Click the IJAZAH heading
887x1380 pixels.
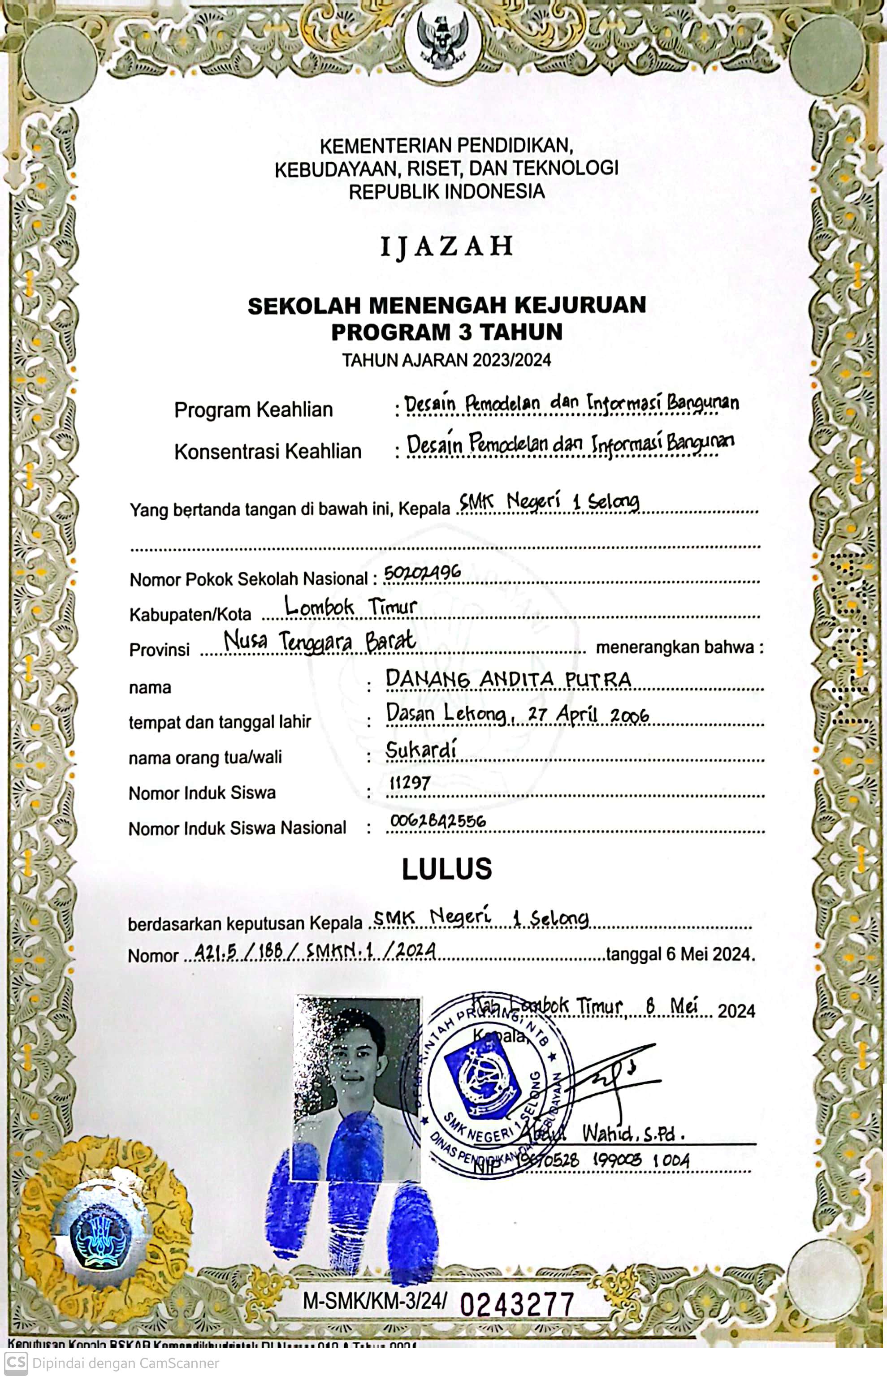(x=446, y=246)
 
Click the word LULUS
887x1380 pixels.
(x=446, y=869)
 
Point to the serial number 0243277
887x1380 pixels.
(x=517, y=1305)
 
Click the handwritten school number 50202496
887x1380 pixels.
(x=422, y=572)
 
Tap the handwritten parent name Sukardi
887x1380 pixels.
(x=420, y=750)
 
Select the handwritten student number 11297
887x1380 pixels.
(x=410, y=783)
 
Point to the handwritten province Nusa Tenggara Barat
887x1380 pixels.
(x=320, y=641)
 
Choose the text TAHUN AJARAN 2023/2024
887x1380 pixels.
(x=446, y=360)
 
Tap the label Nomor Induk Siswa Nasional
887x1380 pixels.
(x=237, y=828)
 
